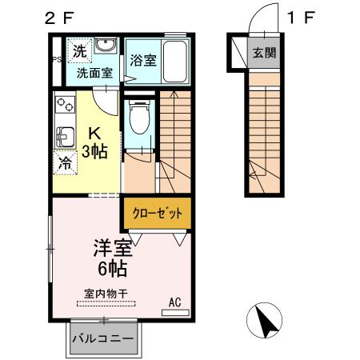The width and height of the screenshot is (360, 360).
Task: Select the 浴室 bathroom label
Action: [x=142, y=60]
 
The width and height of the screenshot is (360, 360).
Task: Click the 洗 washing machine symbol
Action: [x=78, y=50]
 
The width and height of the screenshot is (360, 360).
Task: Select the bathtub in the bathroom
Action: [x=174, y=62]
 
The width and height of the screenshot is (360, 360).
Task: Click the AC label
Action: [x=174, y=302]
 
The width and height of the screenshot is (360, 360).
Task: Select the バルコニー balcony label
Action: [x=103, y=338]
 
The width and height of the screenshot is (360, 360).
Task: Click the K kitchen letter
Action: [x=94, y=133]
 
